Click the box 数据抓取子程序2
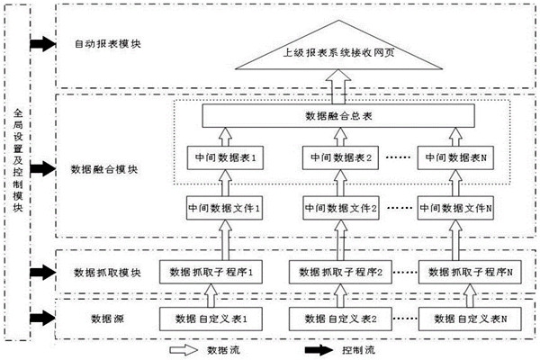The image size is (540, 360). point(335,271)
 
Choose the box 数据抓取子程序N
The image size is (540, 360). point(466,271)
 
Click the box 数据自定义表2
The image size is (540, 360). point(335,318)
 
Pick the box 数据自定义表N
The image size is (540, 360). point(466,318)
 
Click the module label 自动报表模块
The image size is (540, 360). point(104,43)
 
